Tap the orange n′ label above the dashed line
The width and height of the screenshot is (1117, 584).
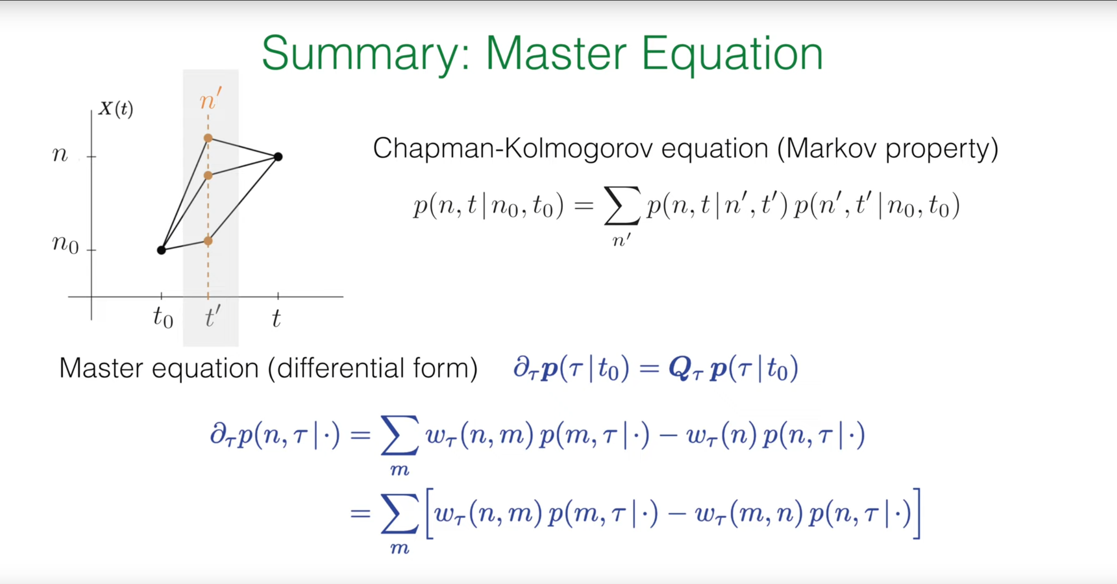tap(210, 99)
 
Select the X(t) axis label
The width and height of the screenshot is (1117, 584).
tap(116, 109)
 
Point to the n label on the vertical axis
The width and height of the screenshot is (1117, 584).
tap(60, 154)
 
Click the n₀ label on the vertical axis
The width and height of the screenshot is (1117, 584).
tap(66, 244)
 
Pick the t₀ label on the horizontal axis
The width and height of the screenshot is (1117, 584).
tap(163, 318)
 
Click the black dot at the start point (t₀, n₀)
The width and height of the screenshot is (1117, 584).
tap(161, 250)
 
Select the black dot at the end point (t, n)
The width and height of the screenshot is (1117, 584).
tap(278, 157)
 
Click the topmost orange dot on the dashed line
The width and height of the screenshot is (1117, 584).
tap(208, 138)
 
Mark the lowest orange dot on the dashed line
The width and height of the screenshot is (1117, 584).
tap(208, 241)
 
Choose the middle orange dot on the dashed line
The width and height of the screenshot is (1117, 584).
tap(208, 176)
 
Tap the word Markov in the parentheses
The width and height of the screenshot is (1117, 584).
tap(831, 148)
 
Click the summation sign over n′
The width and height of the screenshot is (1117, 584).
tap(621, 206)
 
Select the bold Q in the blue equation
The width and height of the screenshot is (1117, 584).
tap(680, 369)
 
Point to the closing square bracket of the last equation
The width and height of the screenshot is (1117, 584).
tap(916, 513)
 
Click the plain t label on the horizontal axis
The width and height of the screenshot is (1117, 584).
tap(276, 318)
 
